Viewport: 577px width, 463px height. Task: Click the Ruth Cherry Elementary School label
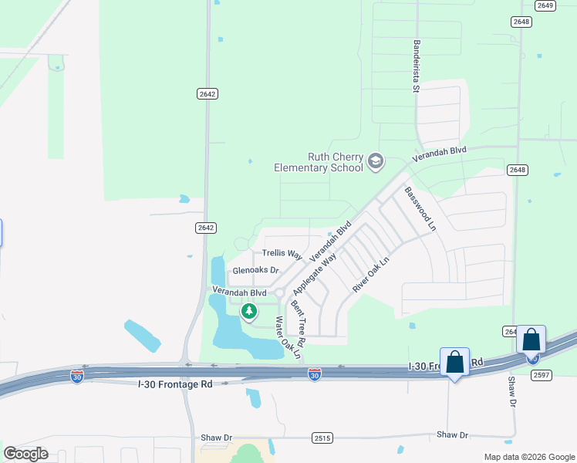(319, 162)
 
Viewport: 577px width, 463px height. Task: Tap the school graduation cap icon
(376, 161)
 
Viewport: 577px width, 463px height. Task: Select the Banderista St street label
(416, 66)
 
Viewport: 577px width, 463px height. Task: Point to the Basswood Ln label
(420, 208)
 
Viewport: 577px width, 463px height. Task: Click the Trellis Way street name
(282, 253)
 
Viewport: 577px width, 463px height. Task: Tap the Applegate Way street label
(315, 273)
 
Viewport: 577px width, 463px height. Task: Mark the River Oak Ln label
(372, 274)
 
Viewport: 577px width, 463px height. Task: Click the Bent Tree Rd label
(298, 323)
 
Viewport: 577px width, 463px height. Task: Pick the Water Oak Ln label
(285, 336)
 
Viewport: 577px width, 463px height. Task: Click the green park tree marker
(248, 312)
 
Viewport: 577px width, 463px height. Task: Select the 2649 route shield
(546, 5)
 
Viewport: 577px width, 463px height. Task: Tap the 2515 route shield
(323, 438)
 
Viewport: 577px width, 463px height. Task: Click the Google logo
(25, 454)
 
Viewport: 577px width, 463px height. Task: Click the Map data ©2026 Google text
(530, 457)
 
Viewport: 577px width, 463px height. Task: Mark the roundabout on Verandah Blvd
(279, 292)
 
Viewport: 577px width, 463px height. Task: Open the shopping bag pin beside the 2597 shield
(531, 340)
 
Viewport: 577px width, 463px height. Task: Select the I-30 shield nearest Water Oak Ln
(314, 374)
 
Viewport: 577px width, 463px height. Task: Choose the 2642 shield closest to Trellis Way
(205, 228)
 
